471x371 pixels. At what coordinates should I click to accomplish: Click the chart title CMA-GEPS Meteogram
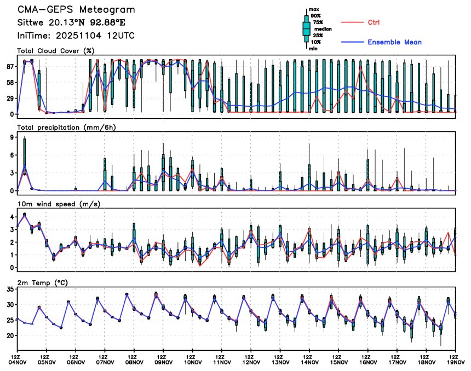(76, 10)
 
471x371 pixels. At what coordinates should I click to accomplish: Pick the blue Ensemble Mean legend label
(394, 42)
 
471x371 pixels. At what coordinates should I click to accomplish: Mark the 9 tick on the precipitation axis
(12, 138)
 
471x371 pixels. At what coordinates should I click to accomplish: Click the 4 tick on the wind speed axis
(12, 217)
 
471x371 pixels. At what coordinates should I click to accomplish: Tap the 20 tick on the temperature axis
(9, 335)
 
